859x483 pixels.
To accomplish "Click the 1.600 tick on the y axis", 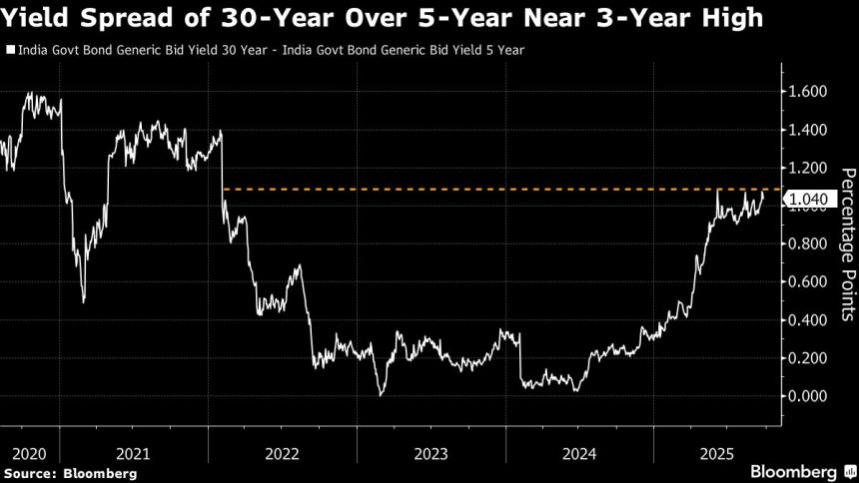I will point(807,92).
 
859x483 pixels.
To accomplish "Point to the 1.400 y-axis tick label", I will point(807,130).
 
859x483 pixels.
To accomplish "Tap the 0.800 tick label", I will point(807,243).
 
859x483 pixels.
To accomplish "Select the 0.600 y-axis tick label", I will point(807,282).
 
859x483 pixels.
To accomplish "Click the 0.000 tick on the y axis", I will point(807,396).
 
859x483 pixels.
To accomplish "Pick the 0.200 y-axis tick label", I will point(807,358).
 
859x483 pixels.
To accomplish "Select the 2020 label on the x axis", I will point(19,452).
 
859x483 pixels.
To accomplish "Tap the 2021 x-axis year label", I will point(134,452).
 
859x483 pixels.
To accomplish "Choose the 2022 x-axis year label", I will point(283,452).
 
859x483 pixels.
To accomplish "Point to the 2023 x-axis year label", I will point(431,452).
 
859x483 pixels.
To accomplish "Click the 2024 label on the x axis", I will point(580,452).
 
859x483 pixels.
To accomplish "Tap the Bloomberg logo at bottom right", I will point(795,470).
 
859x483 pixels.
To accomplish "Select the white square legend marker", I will point(9,49).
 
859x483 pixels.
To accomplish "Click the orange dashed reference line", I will point(499,189).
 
